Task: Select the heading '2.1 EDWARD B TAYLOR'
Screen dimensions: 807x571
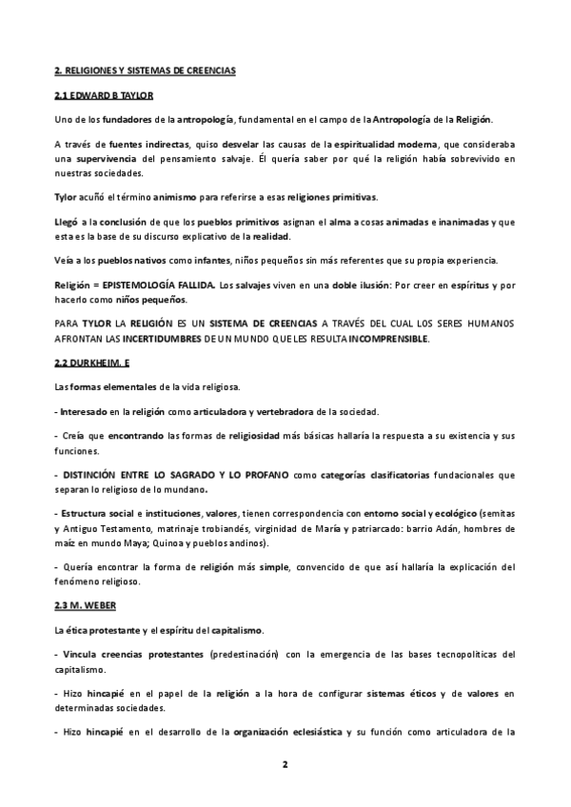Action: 103,96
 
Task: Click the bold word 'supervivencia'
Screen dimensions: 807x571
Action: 108,158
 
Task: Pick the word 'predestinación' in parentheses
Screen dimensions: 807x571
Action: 241,655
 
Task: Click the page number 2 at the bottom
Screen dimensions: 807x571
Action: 285,764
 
